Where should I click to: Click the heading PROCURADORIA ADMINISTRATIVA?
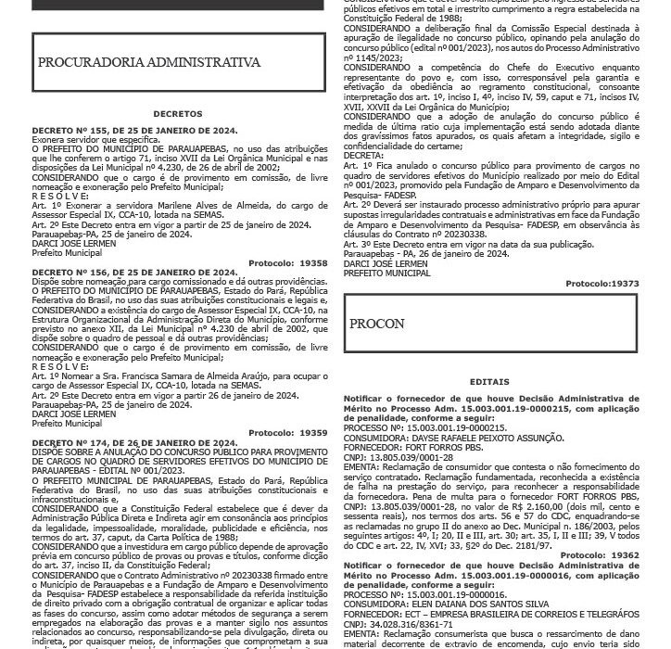[149, 63]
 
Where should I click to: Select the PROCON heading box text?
[377, 324]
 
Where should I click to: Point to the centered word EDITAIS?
[490, 380]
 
